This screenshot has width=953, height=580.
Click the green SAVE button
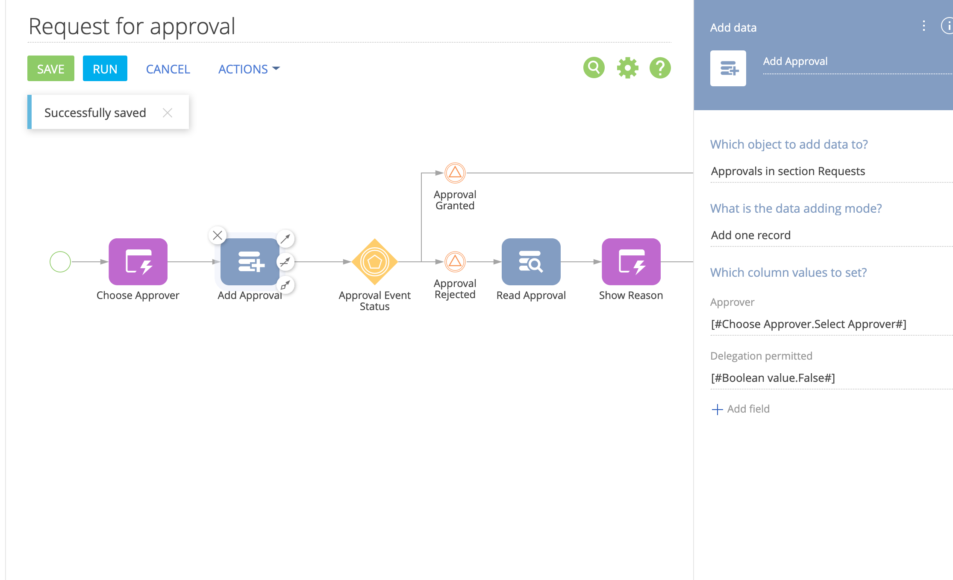(51, 68)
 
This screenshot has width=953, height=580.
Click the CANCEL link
(168, 69)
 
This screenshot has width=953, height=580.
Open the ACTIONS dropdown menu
(249, 69)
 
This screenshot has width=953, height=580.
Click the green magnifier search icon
(594, 67)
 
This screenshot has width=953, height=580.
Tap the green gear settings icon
(627, 67)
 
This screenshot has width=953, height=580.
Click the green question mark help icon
(660, 67)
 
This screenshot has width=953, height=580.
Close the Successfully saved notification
(168, 113)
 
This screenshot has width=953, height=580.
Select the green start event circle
(60, 262)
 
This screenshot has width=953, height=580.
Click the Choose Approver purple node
(138, 262)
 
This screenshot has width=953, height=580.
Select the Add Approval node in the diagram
(250, 262)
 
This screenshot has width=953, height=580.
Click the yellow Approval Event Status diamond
(375, 262)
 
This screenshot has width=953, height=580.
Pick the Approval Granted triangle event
(455, 173)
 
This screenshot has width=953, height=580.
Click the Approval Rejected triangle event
(455, 262)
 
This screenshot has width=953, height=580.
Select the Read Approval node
(531, 262)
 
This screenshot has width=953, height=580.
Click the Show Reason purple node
(631, 262)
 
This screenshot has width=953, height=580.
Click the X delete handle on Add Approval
(218, 235)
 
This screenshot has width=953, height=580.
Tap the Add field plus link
(741, 409)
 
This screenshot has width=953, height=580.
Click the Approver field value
(809, 324)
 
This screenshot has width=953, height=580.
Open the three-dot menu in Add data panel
(924, 26)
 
